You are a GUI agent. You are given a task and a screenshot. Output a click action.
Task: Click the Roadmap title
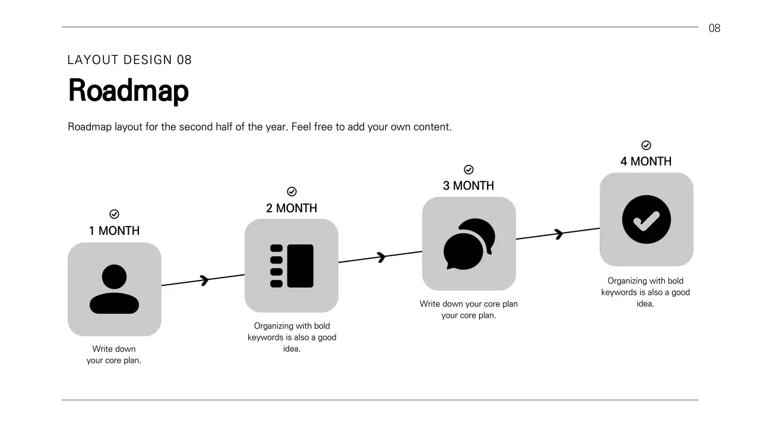(128, 91)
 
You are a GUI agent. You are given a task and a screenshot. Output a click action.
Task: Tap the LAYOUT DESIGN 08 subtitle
(129, 60)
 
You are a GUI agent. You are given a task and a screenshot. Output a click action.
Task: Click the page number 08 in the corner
(714, 28)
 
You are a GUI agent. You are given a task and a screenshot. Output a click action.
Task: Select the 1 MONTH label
(114, 231)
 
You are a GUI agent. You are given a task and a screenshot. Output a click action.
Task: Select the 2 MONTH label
(292, 208)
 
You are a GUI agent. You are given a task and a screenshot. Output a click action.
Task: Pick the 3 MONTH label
(468, 186)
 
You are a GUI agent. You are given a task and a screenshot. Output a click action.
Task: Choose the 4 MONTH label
(646, 161)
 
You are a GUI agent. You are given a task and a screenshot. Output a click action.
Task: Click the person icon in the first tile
(114, 289)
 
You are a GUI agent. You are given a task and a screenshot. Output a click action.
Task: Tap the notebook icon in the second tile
(292, 266)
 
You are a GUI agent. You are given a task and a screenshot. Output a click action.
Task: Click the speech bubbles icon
(469, 244)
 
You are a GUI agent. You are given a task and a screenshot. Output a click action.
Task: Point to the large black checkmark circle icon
(646, 219)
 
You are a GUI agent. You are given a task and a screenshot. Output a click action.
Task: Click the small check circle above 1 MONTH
(115, 214)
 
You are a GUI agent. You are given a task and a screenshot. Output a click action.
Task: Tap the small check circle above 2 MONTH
(292, 192)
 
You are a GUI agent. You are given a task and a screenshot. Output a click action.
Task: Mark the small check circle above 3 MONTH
(468, 170)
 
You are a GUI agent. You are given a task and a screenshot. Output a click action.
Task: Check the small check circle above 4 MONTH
(647, 145)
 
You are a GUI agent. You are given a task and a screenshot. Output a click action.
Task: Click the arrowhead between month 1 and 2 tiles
(205, 279)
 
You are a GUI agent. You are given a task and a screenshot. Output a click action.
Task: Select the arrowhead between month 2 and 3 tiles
(382, 257)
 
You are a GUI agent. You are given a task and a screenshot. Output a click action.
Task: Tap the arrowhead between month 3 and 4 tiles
(559, 234)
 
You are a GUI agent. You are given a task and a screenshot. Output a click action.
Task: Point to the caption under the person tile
(114, 355)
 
